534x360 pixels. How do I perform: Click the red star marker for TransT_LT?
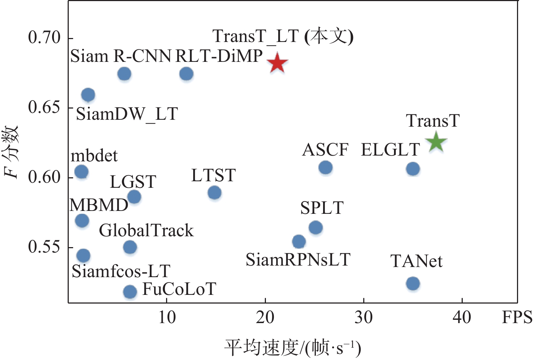(277, 63)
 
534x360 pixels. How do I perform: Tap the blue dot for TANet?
(413, 283)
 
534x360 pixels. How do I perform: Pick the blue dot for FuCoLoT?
(130, 291)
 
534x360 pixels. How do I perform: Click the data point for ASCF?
(326, 168)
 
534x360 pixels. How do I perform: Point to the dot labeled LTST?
(215, 192)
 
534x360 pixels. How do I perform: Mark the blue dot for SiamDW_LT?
(88, 95)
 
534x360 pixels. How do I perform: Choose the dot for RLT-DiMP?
(186, 74)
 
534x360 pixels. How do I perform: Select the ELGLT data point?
(413, 169)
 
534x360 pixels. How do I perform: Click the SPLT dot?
(316, 228)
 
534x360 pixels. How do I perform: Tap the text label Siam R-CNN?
(120, 56)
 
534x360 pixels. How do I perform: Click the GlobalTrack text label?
(146, 230)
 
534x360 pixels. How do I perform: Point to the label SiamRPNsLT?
(298, 260)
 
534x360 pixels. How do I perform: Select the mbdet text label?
(94, 156)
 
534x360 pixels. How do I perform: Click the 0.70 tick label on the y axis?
(44, 38)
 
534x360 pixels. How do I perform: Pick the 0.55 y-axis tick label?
(44, 247)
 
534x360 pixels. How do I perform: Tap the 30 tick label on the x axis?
(363, 318)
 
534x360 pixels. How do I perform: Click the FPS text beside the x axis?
(517, 318)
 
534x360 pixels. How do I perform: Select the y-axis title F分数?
(11, 152)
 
